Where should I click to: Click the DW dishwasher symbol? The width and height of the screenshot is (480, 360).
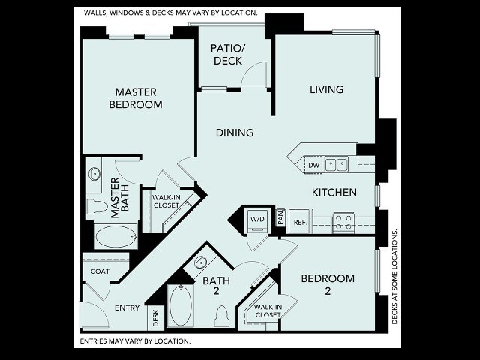(x=313, y=165)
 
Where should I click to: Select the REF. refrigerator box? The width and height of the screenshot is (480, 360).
(x=300, y=222)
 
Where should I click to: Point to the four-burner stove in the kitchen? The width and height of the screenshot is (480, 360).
(x=343, y=223)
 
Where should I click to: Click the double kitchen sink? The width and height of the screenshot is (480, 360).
(x=336, y=164)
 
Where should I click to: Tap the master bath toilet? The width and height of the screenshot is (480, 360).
(x=97, y=206)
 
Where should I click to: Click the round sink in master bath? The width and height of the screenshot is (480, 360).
(x=94, y=175)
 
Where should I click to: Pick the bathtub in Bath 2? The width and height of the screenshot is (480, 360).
(x=181, y=305)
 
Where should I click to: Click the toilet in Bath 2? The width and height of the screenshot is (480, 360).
(x=222, y=316)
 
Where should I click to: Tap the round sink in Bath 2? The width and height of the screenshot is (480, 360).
(x=201, y=262)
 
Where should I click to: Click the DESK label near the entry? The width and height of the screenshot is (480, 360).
(x=156, y=318)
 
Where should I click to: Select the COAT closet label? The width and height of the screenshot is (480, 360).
(x=100, y=271)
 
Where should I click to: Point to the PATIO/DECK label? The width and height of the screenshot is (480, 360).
(x=228, y=55)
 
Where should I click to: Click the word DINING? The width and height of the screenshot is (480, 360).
(x=235, y=133)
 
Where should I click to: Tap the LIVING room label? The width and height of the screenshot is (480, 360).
(x=327, y=89)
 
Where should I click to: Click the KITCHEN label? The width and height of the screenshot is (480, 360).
(x=334, y=192)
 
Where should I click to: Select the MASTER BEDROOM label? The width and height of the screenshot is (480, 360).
(x=136, y=98)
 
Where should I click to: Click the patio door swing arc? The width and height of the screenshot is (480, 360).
(x=250, y=68)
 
